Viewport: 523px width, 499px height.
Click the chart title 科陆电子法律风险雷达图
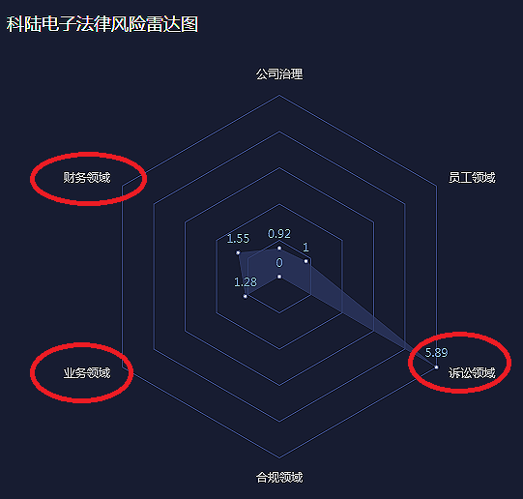[102, 24]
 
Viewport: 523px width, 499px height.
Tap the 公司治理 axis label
[279, 74]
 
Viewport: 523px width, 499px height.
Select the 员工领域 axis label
[472, 177]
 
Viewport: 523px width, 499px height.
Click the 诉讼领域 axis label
[472, 372]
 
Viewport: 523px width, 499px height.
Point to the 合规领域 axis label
[279, 478]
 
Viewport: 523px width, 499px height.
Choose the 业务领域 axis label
[87, 372]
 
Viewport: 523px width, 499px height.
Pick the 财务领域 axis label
[87, 177]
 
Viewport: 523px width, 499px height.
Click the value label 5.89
[436, 352]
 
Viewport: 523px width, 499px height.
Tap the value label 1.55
[238, 239]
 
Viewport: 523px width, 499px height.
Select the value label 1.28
[246, 282]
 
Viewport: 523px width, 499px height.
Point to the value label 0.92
[279, 234]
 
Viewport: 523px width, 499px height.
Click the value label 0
[279, 263]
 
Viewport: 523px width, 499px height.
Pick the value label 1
[305, 248]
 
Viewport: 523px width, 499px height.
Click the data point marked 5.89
[436, 367]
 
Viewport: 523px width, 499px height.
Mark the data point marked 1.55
[238, 252]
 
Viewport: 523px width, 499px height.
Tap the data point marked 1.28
[246, 296]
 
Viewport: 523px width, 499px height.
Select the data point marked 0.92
[279, 249]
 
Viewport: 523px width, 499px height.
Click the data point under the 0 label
[279, 277]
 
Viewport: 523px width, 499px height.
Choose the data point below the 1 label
[305, 261]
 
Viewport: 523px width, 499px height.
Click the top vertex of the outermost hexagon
[279, 96]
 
